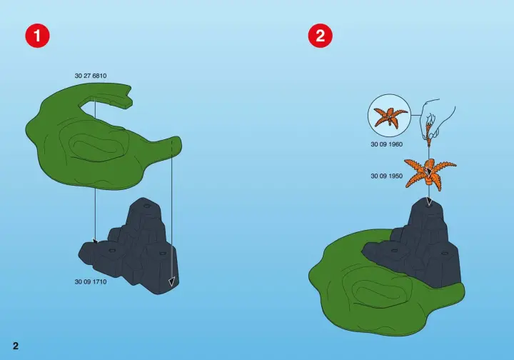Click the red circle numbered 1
37,36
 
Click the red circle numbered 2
321,36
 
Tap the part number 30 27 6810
91,76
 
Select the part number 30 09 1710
91,281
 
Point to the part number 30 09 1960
386,144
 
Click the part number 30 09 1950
386,176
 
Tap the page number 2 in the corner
16,346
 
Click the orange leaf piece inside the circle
390,116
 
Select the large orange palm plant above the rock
430,173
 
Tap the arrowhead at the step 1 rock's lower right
171,281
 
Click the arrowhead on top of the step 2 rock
429,201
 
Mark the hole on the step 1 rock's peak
147,206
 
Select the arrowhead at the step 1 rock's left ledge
96,241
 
